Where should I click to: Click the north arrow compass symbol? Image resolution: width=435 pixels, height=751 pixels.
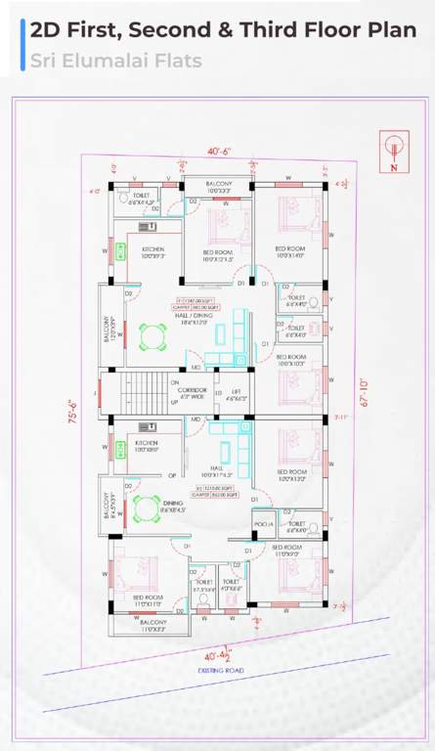pyautogui.click(x=393, y=152)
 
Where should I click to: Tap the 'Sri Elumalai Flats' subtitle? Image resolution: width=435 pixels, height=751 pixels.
pyautogui.click(x=115, y=61)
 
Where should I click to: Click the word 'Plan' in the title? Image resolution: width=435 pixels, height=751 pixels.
pyautogui.click(x=386, y=29)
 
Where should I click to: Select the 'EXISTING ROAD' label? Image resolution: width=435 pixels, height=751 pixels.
pyautogui.click(x=221, y=671)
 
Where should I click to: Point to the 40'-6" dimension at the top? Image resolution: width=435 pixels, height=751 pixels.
pyautogui.click(x=219, y=152)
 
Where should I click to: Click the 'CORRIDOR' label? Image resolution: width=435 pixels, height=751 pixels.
pyautogui.click(x=193, y=392)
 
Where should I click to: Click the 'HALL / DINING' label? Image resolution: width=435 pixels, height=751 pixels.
pyautogui.click(x=194, y=318)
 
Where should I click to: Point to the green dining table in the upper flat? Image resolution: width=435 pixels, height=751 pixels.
pyautogui.click(x=152, y=337)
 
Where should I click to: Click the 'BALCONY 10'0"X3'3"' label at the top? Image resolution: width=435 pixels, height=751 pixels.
pyautogui.click(x=219, y=187)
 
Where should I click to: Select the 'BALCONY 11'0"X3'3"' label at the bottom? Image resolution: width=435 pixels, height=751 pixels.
pyautogui.click(x=152, y=625)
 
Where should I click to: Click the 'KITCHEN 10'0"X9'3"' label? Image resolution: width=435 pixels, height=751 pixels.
pyautogui.click(x=153, y=253)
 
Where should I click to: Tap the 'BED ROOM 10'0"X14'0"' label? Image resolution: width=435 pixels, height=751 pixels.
pyautogui.click(x=290, y=251)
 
